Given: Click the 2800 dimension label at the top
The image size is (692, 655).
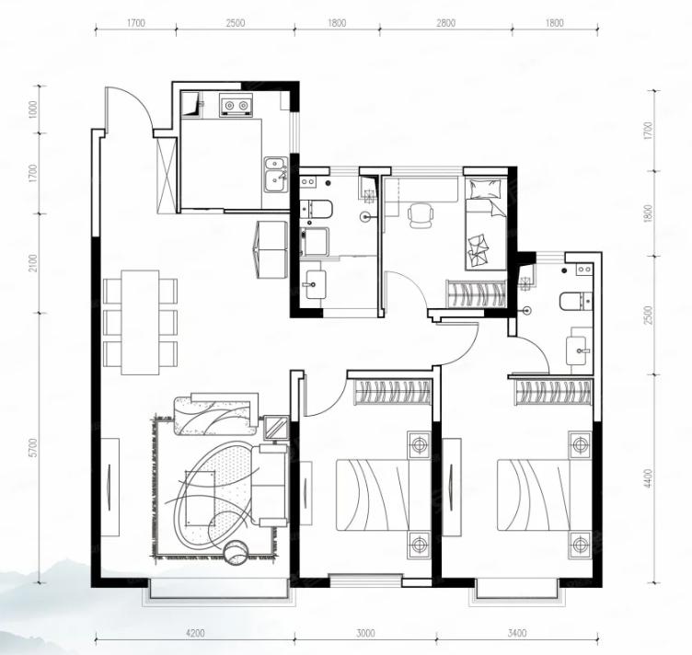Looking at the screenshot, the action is point(445,23).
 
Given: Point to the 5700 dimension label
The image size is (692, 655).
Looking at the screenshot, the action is point(35,448).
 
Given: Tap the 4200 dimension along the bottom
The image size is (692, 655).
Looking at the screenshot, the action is point(195,634).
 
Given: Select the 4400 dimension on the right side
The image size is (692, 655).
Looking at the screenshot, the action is point(648,478).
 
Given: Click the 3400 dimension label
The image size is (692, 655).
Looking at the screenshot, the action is point(517,634).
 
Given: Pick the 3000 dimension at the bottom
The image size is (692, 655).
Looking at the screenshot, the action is point(365,634).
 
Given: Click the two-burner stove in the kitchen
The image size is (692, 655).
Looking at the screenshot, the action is point(236,105).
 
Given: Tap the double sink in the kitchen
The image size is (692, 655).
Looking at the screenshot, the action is point(276,175).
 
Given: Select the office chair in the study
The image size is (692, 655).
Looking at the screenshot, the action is point(420,215).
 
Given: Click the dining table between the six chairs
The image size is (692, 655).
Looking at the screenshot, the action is point(141,322).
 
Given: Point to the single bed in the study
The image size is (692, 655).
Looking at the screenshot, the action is point(485,224).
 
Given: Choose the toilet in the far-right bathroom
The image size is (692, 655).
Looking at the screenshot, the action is point(575,302).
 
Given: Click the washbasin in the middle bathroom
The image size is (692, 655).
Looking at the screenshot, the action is point(315,284).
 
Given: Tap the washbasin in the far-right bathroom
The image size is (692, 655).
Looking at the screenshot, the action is point(579,350).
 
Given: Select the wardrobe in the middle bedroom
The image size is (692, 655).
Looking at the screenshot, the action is point(392,392).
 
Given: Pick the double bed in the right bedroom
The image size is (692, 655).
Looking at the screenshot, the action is point(545,495).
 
